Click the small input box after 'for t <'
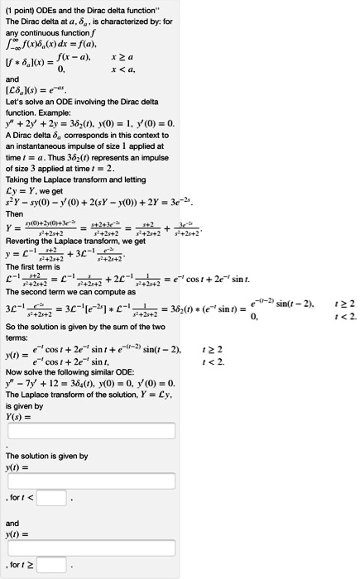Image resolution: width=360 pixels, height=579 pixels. tap(51, 498)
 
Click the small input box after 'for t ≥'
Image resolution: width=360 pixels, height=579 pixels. tap(51, 566)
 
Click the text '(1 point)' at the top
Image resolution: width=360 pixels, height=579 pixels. tap(18, 7)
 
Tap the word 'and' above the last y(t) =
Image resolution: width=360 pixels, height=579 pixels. tap(12, 524)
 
